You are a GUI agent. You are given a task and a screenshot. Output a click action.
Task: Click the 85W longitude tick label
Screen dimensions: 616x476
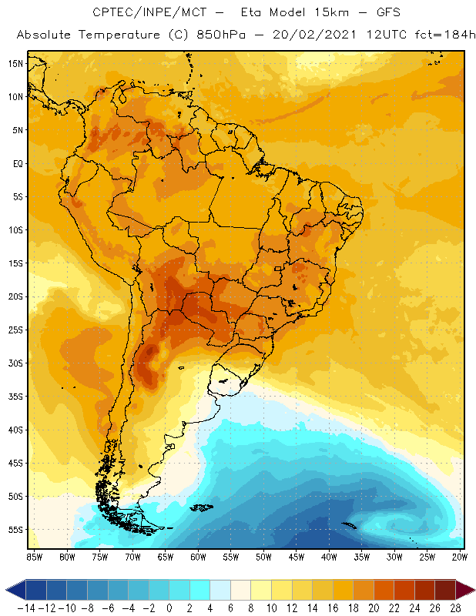coord(35,556)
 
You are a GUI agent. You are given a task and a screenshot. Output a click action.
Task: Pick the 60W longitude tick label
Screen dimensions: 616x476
coord(199,556)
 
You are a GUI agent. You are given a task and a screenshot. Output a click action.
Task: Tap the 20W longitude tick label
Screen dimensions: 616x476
coord(461,556)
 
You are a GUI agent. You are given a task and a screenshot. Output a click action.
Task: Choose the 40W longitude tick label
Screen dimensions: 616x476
coord(330,556)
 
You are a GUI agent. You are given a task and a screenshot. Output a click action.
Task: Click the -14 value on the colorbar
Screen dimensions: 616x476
coord(25,608)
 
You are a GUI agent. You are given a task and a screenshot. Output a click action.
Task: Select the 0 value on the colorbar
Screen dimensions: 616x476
coord(169,608)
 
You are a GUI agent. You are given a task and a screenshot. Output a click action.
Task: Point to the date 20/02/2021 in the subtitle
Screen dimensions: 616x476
coord(306,35)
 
